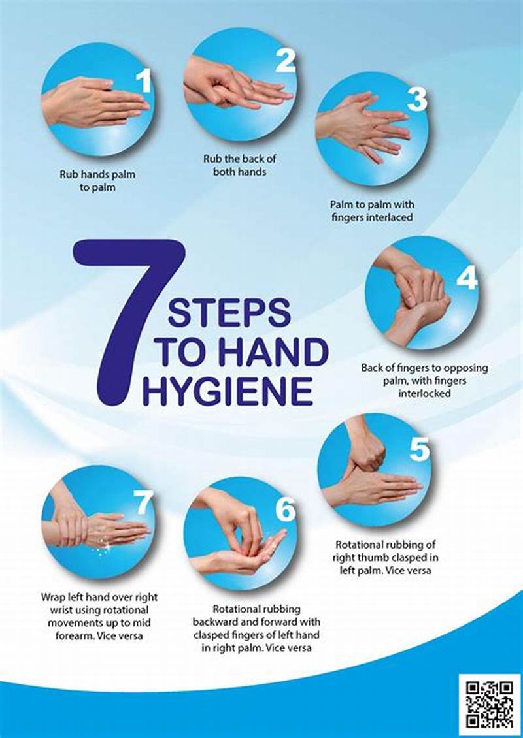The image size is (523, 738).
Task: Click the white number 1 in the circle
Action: [x=143, y=82]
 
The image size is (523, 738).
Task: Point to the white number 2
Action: [x=286, y=61]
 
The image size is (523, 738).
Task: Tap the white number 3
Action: [x=416, y=99]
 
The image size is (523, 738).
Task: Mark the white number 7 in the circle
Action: [x=143, y=502]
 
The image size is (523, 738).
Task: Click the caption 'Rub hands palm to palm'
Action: [x=97, y=182]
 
